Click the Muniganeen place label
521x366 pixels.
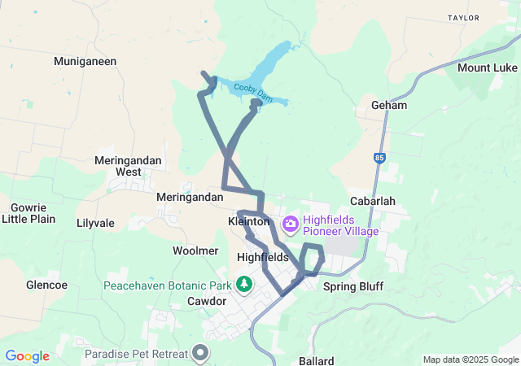(85, 61)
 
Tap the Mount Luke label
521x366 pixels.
(487, 68)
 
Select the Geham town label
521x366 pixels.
(388, 106)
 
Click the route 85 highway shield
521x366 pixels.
(379, 158)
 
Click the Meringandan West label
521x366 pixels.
(128, 166)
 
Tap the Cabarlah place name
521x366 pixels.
(372, 201)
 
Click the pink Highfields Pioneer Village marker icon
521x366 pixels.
(289, 223)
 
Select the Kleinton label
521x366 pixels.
(249, 221)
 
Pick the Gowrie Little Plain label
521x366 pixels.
(28, 213)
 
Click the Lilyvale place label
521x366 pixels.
(95, 223)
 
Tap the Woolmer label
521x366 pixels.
(195, 251)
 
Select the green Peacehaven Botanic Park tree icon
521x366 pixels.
(243, 284)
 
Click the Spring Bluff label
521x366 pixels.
(352, 286)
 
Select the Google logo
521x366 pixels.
(28, 356)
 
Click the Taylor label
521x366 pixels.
(464, 16)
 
